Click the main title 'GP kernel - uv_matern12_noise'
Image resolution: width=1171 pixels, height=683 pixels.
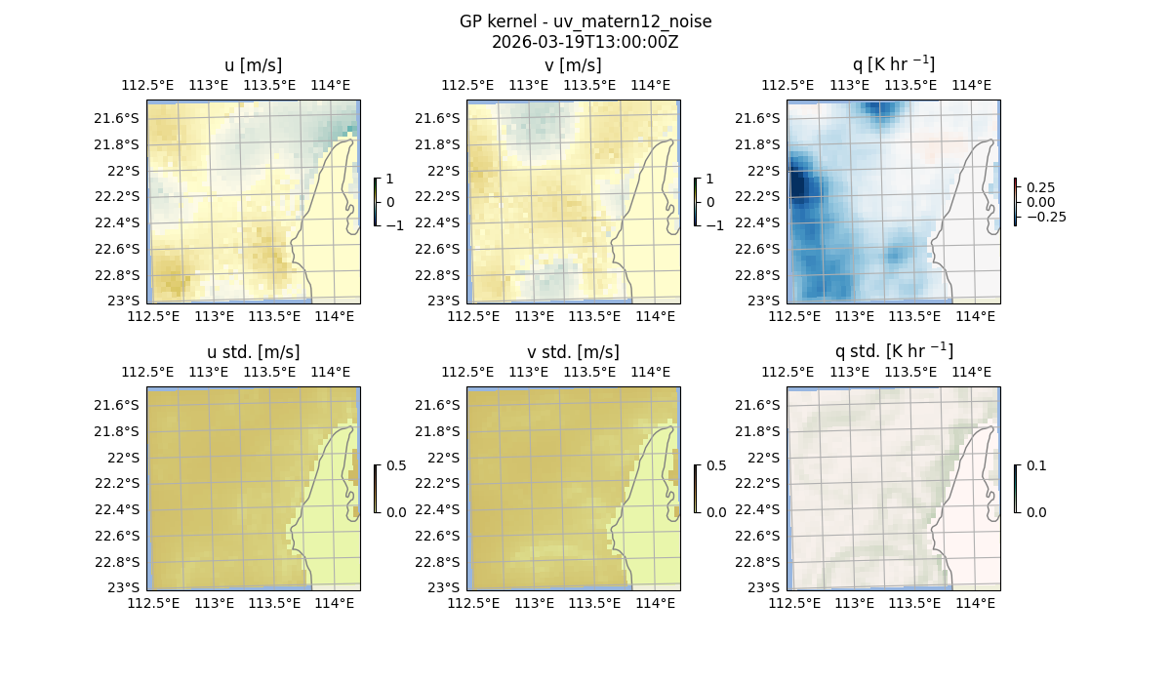pos(585,21)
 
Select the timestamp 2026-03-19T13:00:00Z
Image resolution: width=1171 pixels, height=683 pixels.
pos(585,42)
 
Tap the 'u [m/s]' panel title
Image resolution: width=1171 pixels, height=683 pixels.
pos(253,65)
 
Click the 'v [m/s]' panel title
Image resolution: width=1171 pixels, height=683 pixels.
pos(574,65)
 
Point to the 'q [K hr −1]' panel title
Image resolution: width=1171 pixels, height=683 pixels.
pos(893,64)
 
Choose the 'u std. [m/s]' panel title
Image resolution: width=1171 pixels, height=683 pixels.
pos(253,352)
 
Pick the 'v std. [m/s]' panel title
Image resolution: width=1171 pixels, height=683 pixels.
pos(574,352)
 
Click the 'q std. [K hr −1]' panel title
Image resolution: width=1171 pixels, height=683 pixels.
pos(893,351)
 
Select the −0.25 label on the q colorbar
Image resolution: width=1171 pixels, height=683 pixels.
pos(1044,217)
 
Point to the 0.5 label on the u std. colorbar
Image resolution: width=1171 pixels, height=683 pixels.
pos(396,466)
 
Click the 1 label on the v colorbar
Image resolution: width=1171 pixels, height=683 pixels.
pos(709,180)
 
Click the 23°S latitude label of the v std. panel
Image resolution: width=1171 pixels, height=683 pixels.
pos(444,587)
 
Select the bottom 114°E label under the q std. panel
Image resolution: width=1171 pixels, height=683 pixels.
pos(975,603)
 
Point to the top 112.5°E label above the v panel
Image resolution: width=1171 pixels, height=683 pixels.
pos(474,85)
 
